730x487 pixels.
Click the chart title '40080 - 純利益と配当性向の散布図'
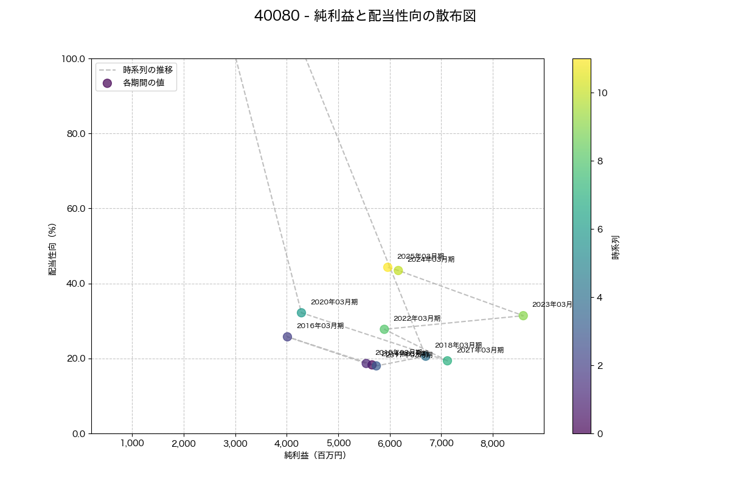365,16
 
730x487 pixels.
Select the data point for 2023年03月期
523,315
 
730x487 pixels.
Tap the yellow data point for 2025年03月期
388,267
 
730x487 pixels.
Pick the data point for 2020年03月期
301,313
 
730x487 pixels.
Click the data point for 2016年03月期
287,337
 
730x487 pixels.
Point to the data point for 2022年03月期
384,329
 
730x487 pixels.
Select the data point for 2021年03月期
447,360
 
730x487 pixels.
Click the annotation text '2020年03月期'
334,302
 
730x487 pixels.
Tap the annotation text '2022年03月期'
417,318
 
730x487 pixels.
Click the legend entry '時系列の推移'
148,70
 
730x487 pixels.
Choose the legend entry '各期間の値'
144,83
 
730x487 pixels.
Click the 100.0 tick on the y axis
74,59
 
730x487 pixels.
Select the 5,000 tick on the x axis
338,443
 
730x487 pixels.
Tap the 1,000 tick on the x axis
132,443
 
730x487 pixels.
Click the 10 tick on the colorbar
602,93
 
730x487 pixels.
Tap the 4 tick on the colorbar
600,297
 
